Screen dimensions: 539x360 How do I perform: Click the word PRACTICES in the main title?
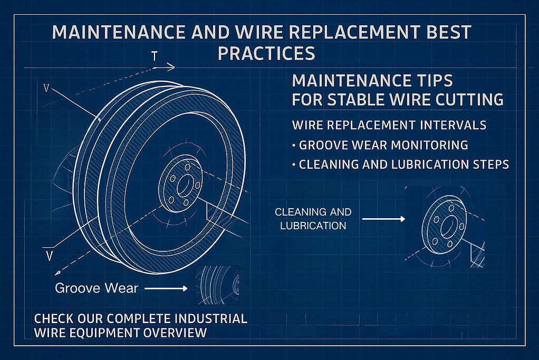tap(266, 53)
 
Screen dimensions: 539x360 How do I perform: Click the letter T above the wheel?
tap(155, 56)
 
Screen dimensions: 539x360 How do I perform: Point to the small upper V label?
tap(46, 89)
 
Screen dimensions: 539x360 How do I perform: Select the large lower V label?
tap(49, 256)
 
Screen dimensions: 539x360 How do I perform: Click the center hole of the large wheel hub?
tap(183, 186)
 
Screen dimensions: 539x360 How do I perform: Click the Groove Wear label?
tap(97, 288)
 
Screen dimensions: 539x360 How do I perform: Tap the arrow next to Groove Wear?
tap(166, 288)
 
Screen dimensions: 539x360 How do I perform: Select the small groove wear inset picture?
tap(218, 285)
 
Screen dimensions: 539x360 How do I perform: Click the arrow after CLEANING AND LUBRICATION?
tap(384, 219)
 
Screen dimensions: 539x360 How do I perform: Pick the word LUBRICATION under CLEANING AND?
tap(313, 226)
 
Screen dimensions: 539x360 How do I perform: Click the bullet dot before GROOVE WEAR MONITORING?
tap(294, 145)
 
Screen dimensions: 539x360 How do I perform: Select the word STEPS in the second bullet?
tap(491, 164)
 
